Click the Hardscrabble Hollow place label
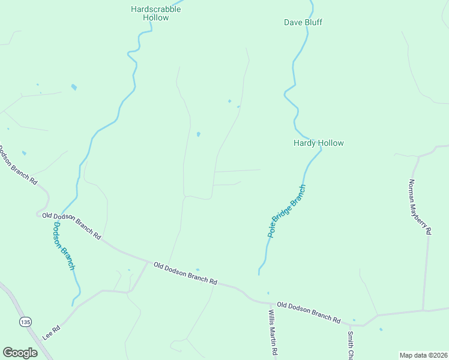(156, 13)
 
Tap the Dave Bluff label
(303, 22)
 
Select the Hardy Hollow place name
(318, 143)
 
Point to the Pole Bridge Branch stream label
(287, 211)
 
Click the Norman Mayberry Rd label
(420, 206)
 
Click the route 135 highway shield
(25, 322)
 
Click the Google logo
(20, 353)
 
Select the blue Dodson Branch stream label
(64, 246)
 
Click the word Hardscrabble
(156, 9)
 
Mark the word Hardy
(305, 143)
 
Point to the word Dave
(292, 22)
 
